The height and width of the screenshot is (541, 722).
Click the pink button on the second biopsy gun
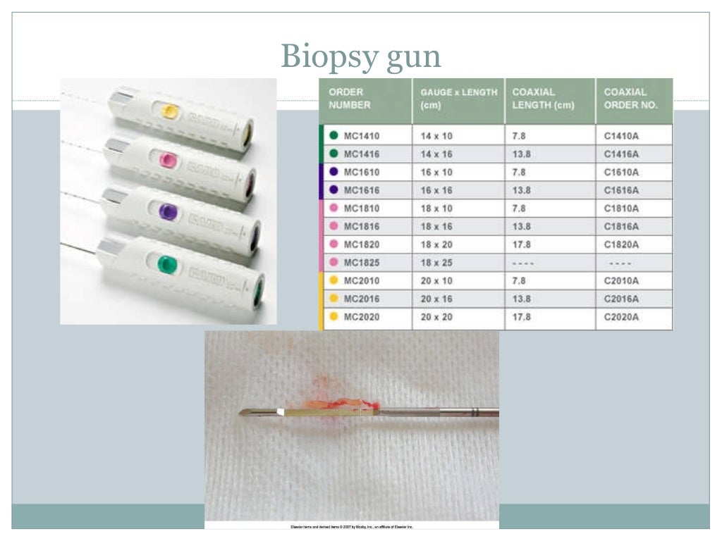point(167,161)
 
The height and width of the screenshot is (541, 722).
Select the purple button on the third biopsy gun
point(168,212)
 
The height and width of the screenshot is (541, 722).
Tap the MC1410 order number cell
point(362,135)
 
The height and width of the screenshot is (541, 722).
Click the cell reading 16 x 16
point(436,190)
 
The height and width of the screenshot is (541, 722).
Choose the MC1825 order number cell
point(362,263)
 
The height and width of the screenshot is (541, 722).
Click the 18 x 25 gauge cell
point(436,263)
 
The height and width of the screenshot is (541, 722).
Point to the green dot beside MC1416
point(334,154)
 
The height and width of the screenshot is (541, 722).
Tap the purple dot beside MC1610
point(334,172)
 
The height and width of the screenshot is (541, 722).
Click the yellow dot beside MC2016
point(334,299)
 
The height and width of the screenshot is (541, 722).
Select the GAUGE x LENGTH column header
point(458,99)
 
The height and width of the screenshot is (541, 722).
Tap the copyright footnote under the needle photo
point(352,526)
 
